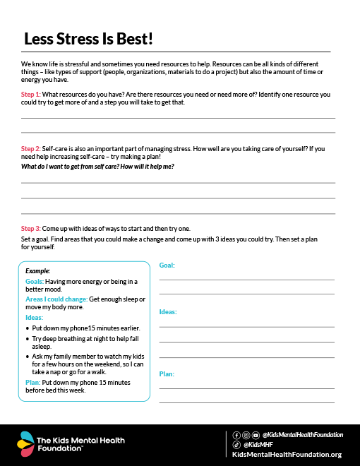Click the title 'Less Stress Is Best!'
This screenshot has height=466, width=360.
coord(88,39)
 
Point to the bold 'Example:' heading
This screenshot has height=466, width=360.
coord(37,270)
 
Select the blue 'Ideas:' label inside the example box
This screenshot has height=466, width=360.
coord(34,318)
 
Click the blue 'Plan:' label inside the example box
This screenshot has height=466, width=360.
coord(32,382)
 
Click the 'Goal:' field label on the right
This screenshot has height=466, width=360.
coord(167,265)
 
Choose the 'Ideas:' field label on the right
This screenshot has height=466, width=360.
coord(168,311)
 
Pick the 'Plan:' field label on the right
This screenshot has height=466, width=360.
coord(167,374)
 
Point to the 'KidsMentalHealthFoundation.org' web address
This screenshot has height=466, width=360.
coord(287,455)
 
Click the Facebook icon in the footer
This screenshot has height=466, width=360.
coord(236,435)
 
